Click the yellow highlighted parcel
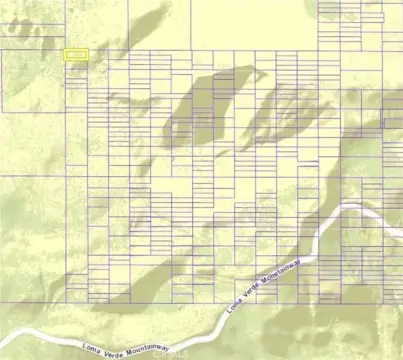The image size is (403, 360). pos(76,55)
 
